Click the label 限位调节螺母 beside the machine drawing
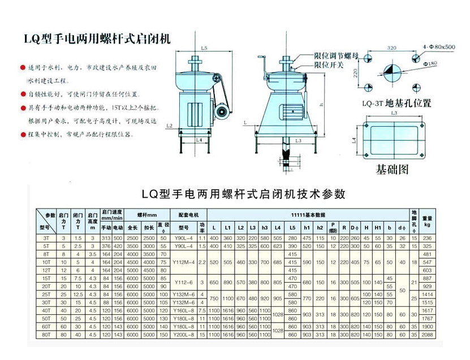tap(338, 56)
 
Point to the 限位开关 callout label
tap(330, 64)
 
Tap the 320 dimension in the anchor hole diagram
tap(392, 49)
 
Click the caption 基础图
tap(392, 169)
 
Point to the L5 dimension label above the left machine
tap(204, 48)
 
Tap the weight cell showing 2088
tap(427, 335)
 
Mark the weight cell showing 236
tap(427, 238)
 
